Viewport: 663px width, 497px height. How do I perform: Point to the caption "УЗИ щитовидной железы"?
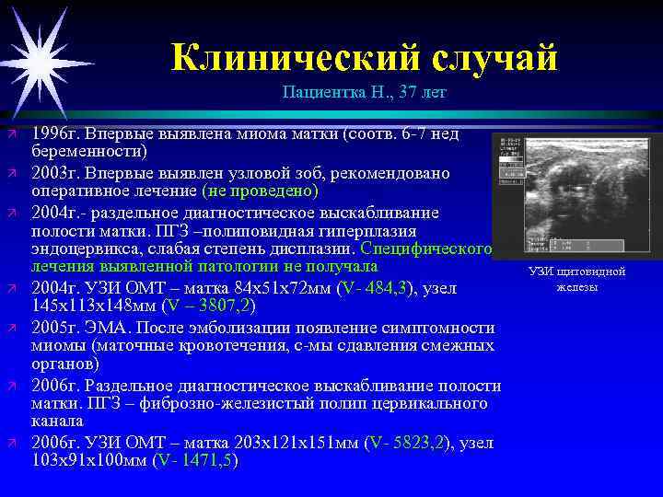coord(576,280)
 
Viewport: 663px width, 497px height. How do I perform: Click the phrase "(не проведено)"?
coord(260,191)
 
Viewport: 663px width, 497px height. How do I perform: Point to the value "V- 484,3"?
coord(375,289)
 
